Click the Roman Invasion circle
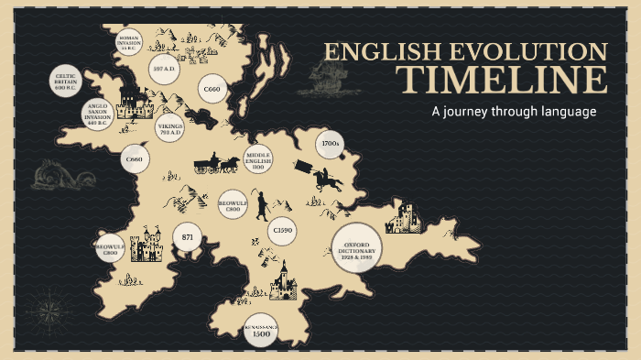[x=128, y=42]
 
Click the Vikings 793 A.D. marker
[x=170, y=128]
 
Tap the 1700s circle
[x=330, y=145]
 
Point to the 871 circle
[x=188, y=237]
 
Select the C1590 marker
[x=282, y=232]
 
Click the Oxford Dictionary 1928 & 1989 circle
[x=356, y=248]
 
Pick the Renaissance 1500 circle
[x=261, y=331]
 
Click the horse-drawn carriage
[x=216, y=165]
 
